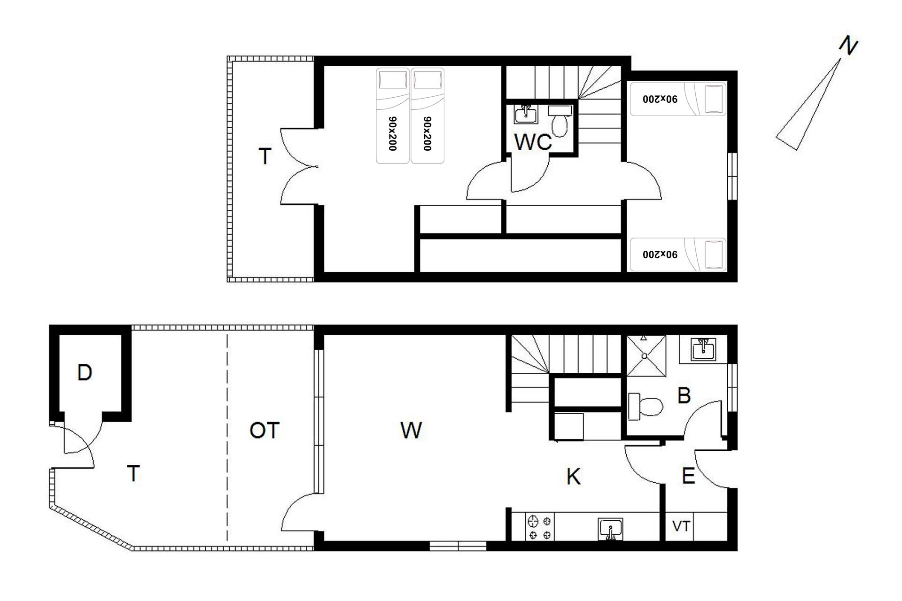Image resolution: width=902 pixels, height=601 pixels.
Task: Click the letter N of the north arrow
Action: [x=848, y=46]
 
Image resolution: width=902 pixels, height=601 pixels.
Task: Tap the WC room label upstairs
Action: [x=533, y=142]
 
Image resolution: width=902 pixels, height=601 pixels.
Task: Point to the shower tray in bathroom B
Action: [x=646, y=355]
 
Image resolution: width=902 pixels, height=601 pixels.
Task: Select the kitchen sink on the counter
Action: [x=610, y=529]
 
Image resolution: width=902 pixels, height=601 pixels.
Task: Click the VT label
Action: [x=681, y=526]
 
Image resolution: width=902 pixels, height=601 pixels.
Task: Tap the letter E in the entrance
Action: [x=688, y=477]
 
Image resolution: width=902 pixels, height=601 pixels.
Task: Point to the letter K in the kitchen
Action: [x=573, y=477]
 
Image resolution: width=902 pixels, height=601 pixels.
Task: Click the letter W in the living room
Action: [x=411, y=430]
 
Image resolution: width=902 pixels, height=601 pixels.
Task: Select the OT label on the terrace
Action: [x=264, y=430]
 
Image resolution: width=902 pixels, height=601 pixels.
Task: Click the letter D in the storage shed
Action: [x=85, y=373]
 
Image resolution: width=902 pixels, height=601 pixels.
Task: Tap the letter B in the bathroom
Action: [x=684, y=395]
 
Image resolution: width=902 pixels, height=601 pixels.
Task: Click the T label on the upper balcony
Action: [x=265, y=156]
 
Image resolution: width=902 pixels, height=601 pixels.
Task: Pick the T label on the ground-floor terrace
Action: [x=134, y=474]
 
